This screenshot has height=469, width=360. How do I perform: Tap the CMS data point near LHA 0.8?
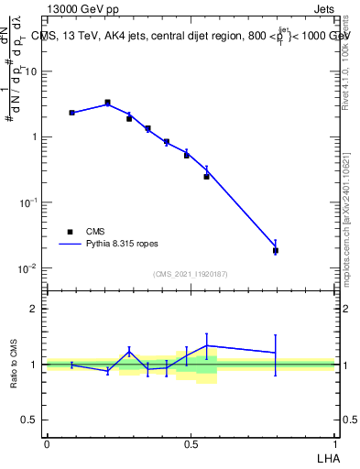(x=276, y=250)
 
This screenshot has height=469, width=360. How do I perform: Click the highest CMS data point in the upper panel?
(x=108, y=103)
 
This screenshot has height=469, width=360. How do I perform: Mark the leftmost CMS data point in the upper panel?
(x=71, y=113)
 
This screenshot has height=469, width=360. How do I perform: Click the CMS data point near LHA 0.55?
(x=207, y=176)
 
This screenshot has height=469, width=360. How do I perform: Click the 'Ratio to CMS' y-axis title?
(x=15, y=365)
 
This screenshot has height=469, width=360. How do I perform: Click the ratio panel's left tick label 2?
(x=34, y=309)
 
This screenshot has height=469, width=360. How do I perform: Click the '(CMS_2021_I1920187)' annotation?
(x=191, y=274)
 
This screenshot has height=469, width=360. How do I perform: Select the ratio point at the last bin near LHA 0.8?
(x=276, y=353)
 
